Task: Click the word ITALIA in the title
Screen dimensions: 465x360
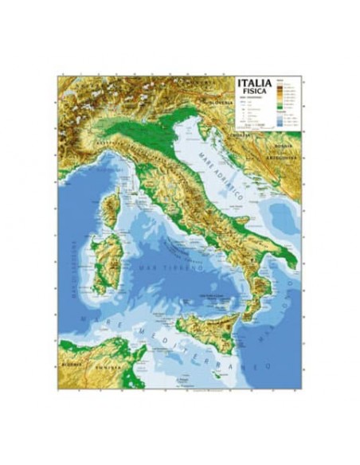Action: [254, 82]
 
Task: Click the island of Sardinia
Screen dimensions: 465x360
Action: [107, 259]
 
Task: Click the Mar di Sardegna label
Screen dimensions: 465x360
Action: [72, 267]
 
